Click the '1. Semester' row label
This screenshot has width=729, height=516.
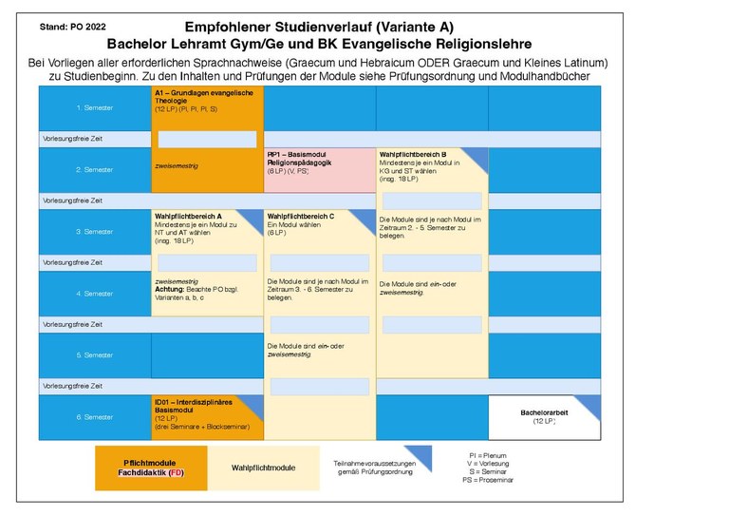point(94,107)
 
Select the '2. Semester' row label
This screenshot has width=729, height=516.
point(94,169)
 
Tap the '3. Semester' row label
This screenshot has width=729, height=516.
point(94,232)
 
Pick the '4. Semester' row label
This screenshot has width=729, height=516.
point(94,294)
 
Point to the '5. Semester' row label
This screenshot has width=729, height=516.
point(94,355)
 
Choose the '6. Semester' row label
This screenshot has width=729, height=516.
point(94,417)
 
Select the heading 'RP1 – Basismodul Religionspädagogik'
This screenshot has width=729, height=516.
point(302,158)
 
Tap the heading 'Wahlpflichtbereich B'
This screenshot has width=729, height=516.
point(413,154)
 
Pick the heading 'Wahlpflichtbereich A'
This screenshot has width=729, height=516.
point(188,216)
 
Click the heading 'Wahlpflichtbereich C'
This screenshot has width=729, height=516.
point(301,216)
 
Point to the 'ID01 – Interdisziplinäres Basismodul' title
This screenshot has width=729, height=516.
point(200,406)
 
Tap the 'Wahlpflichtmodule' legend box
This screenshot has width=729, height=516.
point(264,468)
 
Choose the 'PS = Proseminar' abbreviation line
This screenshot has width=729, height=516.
point(492,480)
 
